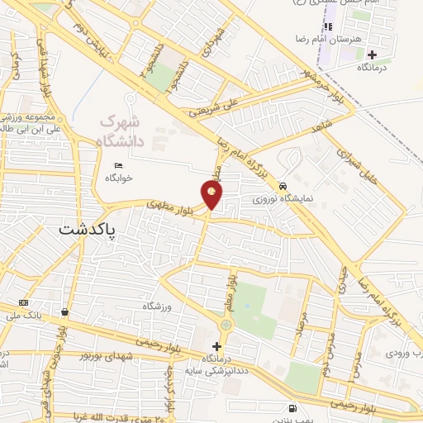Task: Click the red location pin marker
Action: point(212,196)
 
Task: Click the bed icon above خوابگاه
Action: point(118,166)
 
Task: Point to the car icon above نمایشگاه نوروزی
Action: point(283,187)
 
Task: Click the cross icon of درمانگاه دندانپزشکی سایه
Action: point(216,347)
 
